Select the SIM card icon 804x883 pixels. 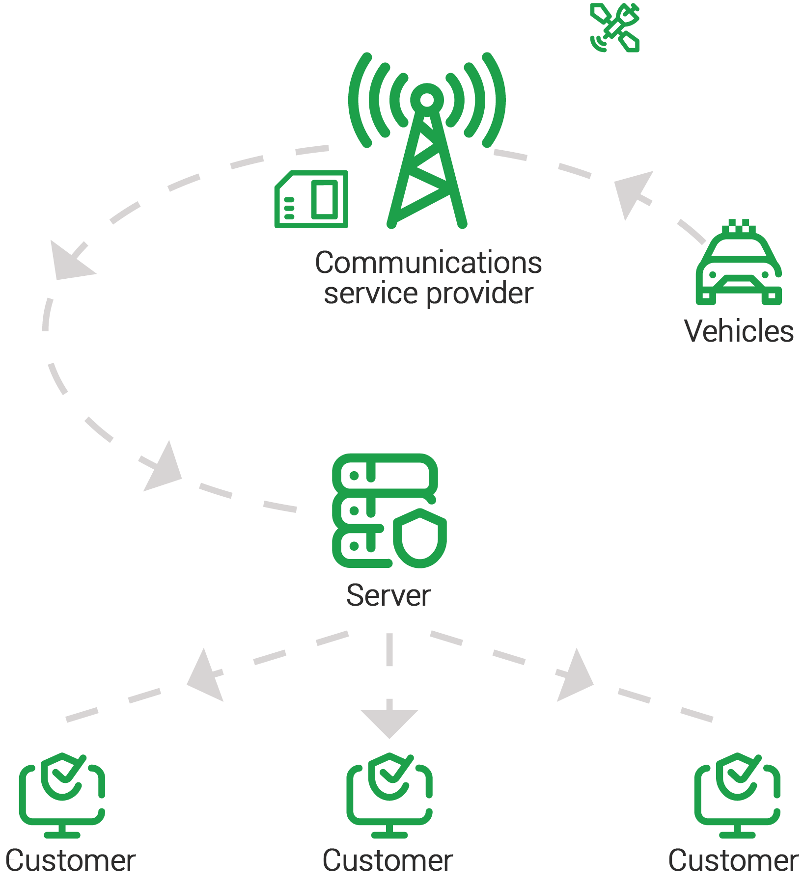click(311, 199)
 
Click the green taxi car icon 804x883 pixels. click(738, 268)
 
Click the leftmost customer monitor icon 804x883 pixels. click(62, 796)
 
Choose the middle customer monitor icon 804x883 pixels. click(389, 796)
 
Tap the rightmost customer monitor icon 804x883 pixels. click(737, 796)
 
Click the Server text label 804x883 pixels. click(388, 597)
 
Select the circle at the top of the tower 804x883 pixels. click(427, 100)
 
